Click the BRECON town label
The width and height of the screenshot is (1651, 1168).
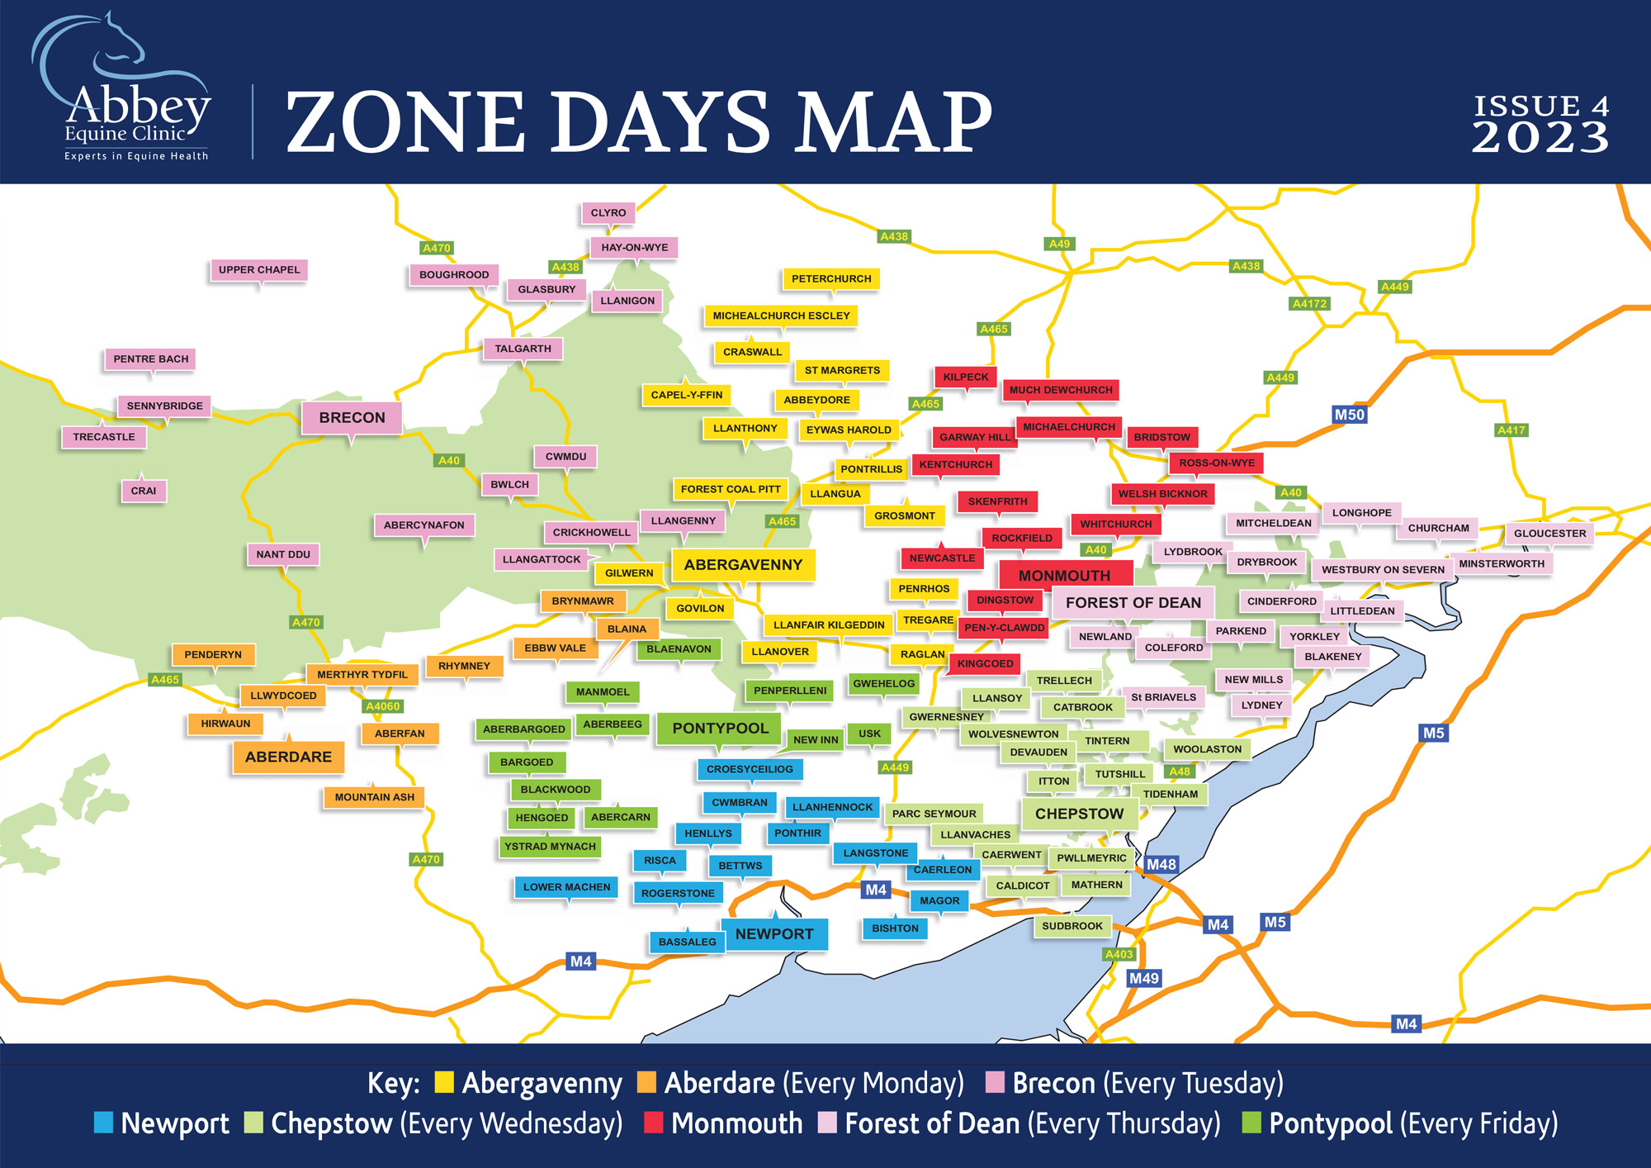[352, 417]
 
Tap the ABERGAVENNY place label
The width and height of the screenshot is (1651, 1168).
[743, 565]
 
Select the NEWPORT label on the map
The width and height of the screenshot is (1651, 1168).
[774, 934]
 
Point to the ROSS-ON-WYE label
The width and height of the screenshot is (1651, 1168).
[1216, 463]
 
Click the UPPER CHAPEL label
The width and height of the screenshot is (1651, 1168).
[259, 270]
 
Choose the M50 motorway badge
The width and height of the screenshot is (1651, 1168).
[1349, 415]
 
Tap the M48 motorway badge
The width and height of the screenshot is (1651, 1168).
[1161, 864]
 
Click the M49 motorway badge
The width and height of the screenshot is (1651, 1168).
[1144, 978]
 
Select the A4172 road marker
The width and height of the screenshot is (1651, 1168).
[1309, 304]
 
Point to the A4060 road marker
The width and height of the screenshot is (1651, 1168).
[383, 706]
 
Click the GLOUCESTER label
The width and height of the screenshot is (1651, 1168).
[1549, 534]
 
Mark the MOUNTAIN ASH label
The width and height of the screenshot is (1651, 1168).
[375, 797]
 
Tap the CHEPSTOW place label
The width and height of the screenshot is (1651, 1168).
[1079, 814]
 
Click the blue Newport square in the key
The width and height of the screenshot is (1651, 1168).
[103, 1123]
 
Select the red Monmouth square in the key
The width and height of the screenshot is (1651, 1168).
[653, 1123]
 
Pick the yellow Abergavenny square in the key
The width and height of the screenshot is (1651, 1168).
[444, 1082]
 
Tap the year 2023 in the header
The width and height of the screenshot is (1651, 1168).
[1540, 137]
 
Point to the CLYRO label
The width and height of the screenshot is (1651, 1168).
[608, 213]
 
